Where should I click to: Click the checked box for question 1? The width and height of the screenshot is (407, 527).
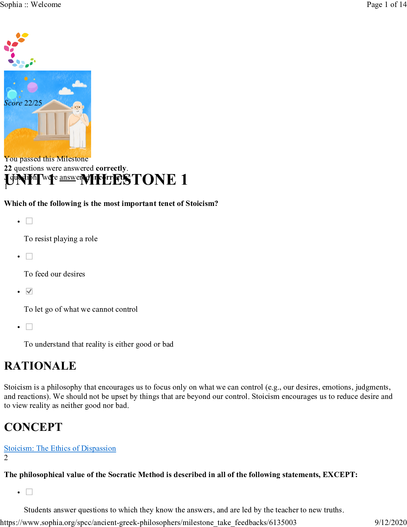click(29, 291)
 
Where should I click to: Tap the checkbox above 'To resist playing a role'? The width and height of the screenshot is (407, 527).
click(29, 221)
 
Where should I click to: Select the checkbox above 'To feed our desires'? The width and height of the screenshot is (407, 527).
click(29, 256)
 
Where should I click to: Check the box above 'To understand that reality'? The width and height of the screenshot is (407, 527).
click(29, 327)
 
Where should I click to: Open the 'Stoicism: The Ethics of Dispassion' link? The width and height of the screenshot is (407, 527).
click(60, 448)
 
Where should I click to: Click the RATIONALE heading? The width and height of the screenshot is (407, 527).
click(40, 366)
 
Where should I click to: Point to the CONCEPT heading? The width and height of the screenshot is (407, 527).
click(33, 427)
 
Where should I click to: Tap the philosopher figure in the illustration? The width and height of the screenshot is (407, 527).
click(78, 125)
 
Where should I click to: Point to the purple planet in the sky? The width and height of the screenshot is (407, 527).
click(32, 87)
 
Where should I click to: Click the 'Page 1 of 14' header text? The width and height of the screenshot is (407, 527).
click(386, 4)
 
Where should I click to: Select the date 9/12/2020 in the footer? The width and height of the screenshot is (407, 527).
click(390, 522)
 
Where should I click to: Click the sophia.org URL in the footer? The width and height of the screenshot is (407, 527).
click(148, 522)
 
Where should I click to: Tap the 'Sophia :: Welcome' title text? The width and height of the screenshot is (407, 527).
click(31, 4)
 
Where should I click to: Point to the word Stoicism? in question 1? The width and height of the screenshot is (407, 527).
click(202, 203)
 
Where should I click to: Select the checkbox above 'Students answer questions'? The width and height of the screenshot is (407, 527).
click(29, 492)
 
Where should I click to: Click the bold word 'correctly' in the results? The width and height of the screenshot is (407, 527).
click(111, 168)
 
